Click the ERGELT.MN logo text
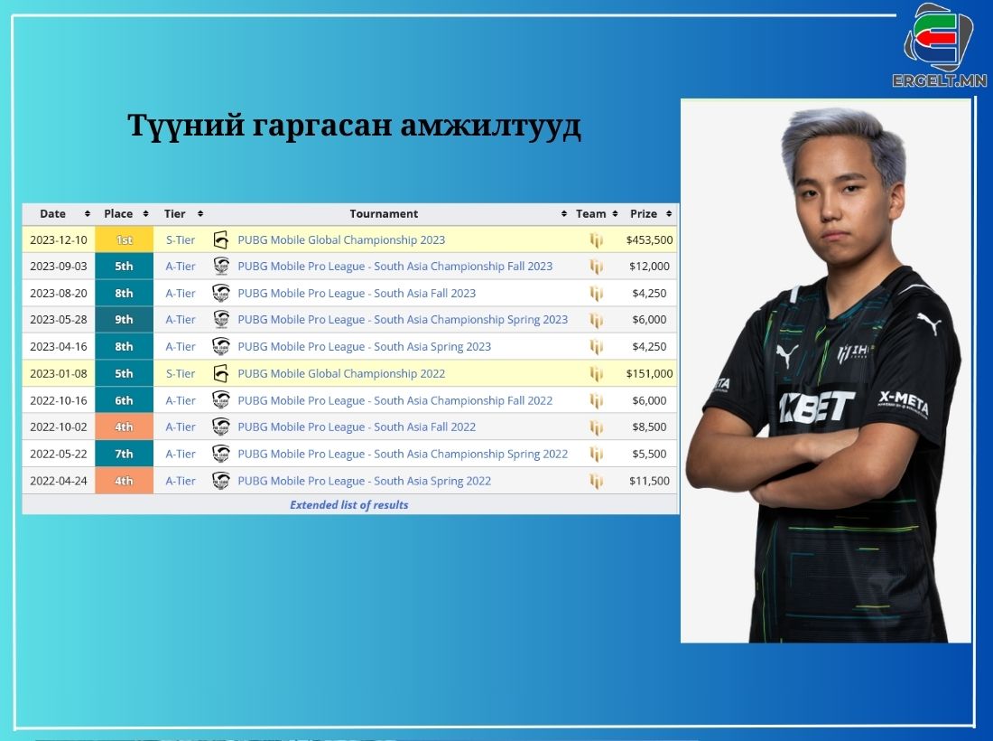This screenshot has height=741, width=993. (x=940, y=80)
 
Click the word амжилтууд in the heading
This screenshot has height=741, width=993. (x=490, y=125)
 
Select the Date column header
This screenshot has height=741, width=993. (x=52, y=213)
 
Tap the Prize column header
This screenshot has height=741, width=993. (x=644, y=213)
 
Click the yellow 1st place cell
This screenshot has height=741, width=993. (x=125, y=239)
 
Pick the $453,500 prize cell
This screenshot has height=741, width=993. (x=649, y=239)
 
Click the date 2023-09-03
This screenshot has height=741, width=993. (x=59, y=267)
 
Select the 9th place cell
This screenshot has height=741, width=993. (x=125, y=320)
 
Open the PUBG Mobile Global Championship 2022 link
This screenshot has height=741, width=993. (x=341, y=373)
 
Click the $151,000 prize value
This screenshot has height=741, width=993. (x=649, y=373)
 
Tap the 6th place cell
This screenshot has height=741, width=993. (x=125, y=400)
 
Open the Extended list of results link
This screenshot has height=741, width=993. (x=349, y=504)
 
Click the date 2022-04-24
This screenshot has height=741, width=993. (x=59, y=481)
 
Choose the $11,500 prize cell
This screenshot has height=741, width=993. (x=649, y=481)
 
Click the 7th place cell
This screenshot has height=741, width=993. (x=125, y=454)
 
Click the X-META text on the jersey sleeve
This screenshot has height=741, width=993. (x=903, y=403)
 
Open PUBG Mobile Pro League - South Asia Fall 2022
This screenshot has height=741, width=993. (x=357, y=427)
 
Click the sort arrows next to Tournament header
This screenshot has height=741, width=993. (x=563, y=213)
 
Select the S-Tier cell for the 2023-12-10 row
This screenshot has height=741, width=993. (x=181, y=239)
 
